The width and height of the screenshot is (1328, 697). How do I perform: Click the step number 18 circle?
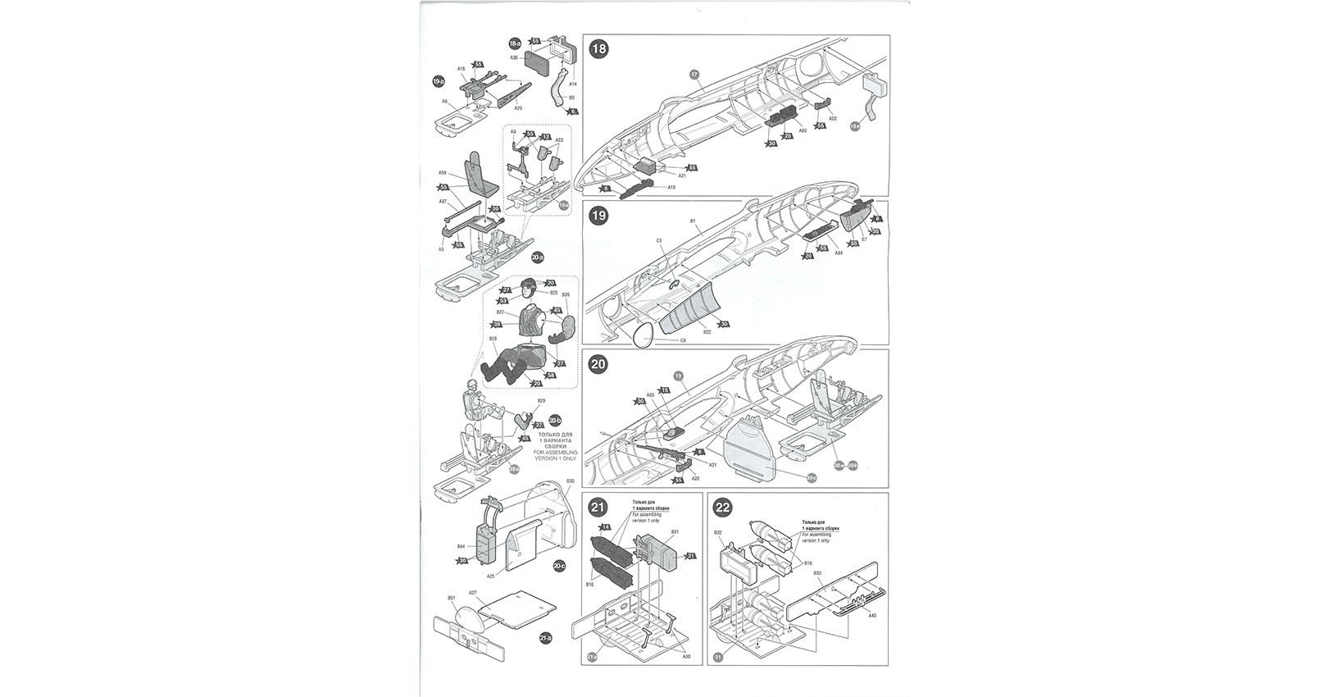click(599, 48)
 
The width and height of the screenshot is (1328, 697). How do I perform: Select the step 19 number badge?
click(599, 216)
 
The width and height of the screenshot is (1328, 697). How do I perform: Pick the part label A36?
click(514, 58)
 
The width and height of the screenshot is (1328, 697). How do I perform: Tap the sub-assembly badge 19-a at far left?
click(439, 81)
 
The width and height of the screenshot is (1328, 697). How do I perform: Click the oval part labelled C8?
click(644, 333)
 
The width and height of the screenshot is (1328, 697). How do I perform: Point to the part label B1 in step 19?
click(692, 221)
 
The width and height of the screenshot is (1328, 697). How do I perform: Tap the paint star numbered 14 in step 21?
click(606, 526)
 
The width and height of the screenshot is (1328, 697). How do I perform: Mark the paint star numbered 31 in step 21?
click(690, 556)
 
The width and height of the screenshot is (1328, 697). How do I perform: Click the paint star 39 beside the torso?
click(497, 325)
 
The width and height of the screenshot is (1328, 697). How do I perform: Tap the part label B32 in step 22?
click(717, 533)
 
